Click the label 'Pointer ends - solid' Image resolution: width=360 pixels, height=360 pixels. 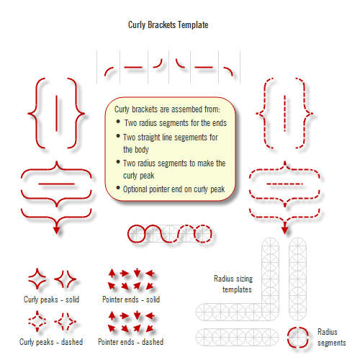coord(131,299)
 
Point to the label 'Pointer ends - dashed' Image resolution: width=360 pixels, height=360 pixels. coord(130,342)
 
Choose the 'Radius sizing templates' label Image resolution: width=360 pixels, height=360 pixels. coord(233,284)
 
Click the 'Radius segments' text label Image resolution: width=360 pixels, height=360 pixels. coord(332,337)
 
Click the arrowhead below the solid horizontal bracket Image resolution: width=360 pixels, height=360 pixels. coord(57,230)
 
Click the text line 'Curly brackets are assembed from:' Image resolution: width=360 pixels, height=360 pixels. coord(167,109)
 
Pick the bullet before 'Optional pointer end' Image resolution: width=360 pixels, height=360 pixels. coord(118,189)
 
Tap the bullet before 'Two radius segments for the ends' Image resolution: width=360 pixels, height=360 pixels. coord(118,122)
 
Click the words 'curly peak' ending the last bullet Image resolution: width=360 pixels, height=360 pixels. coord(140,176)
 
